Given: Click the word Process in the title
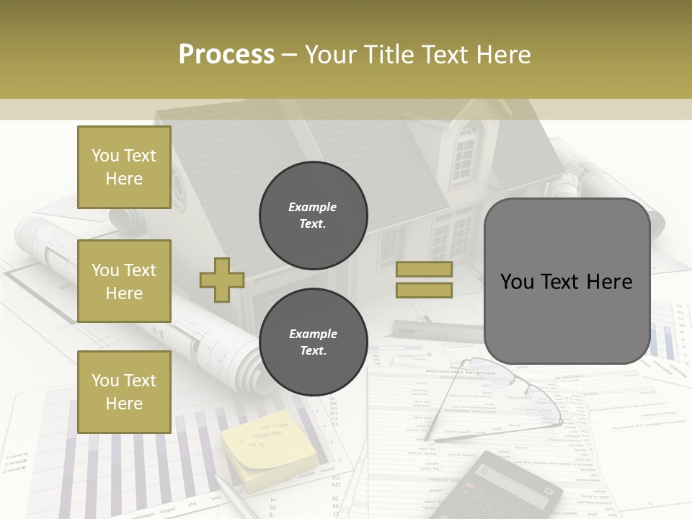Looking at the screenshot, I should tap(226, 54).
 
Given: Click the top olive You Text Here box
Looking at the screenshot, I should tap(124, 167).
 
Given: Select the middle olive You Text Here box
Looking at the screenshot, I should tap(124, 281).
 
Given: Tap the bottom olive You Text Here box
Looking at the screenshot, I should tap(124, 391).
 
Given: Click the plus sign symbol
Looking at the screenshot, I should tap(221, 280).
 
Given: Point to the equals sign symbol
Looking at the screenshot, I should tap(424, 280).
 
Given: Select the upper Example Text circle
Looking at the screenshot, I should tap(313, 215).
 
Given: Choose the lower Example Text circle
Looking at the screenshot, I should tap(313, 342).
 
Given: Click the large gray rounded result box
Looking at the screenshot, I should tap(567, 281).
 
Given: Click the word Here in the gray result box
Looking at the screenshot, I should tap(609, 281).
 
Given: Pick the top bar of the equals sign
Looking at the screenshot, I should tap(424, 269).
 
